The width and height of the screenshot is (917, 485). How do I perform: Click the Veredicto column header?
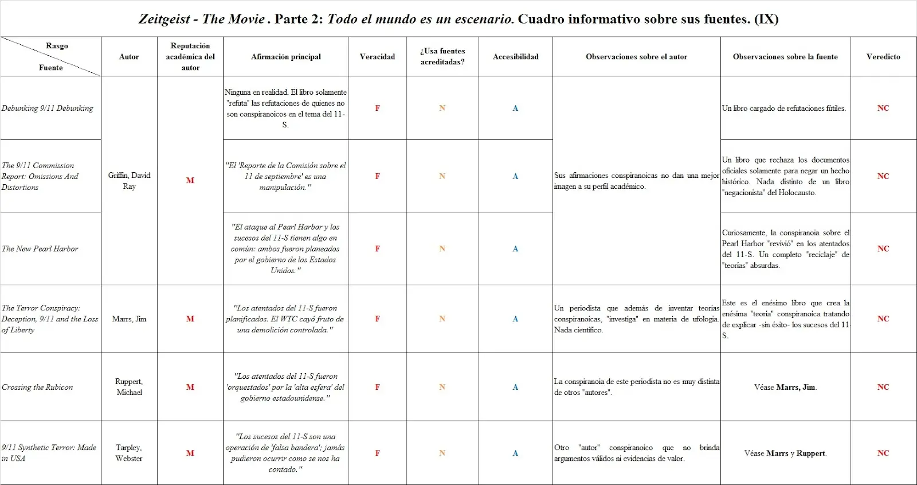point(883,57)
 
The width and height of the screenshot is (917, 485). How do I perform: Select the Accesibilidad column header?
point(515,57)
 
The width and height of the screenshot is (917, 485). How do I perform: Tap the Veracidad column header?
point(377,57)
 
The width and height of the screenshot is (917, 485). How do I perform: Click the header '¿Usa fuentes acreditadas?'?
point(442,56)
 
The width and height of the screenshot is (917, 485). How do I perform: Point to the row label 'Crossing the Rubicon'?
point(37,387)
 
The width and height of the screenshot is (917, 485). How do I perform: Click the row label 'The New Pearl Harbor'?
point(40,249)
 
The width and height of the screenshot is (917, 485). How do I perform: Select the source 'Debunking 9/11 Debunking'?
point(47,108)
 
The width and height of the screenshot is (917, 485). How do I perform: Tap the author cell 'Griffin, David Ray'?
point(129,180)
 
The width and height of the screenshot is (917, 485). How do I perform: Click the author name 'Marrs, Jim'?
point(129,319)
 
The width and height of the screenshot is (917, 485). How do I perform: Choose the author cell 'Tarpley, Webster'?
point(129,453)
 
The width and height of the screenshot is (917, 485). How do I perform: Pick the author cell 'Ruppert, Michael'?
point(129,387)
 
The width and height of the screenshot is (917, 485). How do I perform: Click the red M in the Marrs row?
point(190,319)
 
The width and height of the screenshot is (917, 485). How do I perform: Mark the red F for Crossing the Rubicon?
point(377,387)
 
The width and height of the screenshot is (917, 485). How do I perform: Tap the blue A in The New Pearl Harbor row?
point(515,249)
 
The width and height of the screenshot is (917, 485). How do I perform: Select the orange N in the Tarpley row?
point(442,453)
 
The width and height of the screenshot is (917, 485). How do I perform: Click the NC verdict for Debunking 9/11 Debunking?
point(883,108)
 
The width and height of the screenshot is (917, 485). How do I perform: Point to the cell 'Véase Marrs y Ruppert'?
point(785,453)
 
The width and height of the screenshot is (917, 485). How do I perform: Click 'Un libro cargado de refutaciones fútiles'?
point(783,108)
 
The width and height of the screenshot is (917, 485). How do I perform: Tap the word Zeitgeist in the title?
point(164,19)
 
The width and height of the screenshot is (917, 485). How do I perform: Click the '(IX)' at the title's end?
point(766,19)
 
